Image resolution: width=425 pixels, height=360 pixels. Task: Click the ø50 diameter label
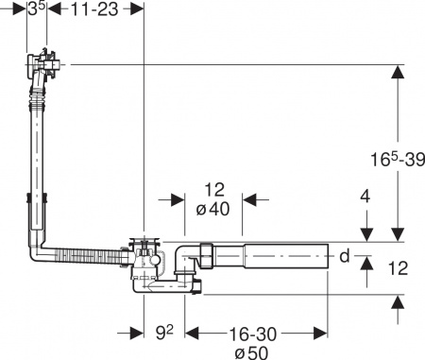point(250,351)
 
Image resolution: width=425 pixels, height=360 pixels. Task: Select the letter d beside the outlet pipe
point(344,255)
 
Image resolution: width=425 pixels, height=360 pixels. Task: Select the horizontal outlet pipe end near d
point(321,255)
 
